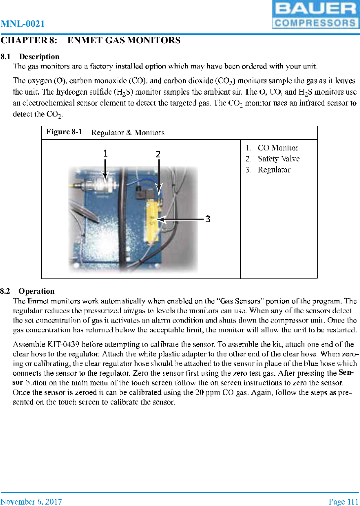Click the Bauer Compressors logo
click(315, 14)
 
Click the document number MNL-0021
click(22, 24)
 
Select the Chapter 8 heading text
click(90, 40)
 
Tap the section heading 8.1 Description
click(30, 57)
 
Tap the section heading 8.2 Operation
click(27, 291)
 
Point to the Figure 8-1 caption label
click(64, 132)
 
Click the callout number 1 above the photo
click(105, 153)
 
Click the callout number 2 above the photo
click(158, 154)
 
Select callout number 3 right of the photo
click(208, 219)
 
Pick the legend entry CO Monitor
click(277, 148)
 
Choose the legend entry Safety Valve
click(278, 159)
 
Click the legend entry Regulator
click(274, 170)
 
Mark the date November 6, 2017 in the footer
click(31, 502)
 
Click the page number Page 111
click(343, 502)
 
